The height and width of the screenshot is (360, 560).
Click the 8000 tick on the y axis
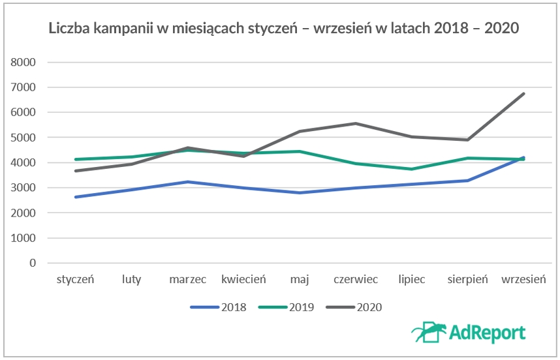22,63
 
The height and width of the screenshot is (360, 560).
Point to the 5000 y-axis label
22,138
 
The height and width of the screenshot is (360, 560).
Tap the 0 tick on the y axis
31,263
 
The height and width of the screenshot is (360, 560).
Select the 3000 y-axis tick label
22,188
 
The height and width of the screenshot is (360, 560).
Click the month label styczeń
76,280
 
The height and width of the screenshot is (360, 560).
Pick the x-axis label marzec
187,280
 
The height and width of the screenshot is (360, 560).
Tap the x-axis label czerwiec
356,280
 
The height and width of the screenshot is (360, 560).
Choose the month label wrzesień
523,280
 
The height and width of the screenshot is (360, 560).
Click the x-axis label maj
300,280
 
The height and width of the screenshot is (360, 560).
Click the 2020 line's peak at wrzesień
523,94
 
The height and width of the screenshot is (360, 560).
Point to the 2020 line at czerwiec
356,123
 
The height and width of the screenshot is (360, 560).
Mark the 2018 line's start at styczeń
76,197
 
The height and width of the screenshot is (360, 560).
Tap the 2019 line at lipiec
412,169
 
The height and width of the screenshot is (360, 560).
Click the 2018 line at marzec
187,182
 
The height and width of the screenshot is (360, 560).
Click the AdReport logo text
486,333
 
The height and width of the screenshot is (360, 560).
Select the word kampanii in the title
120,29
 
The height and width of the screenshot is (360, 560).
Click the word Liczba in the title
67,29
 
